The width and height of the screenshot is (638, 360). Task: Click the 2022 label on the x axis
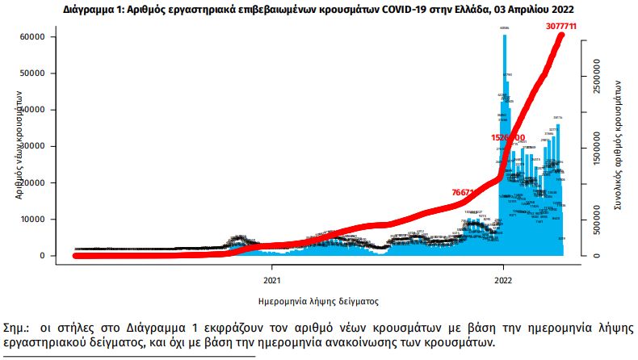tap(503, 281)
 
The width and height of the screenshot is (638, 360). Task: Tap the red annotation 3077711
tap(560, 27)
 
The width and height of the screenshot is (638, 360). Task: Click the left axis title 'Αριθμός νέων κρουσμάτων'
tap(18, 145)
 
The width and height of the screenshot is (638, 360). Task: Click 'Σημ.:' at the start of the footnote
tap(17, 329)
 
